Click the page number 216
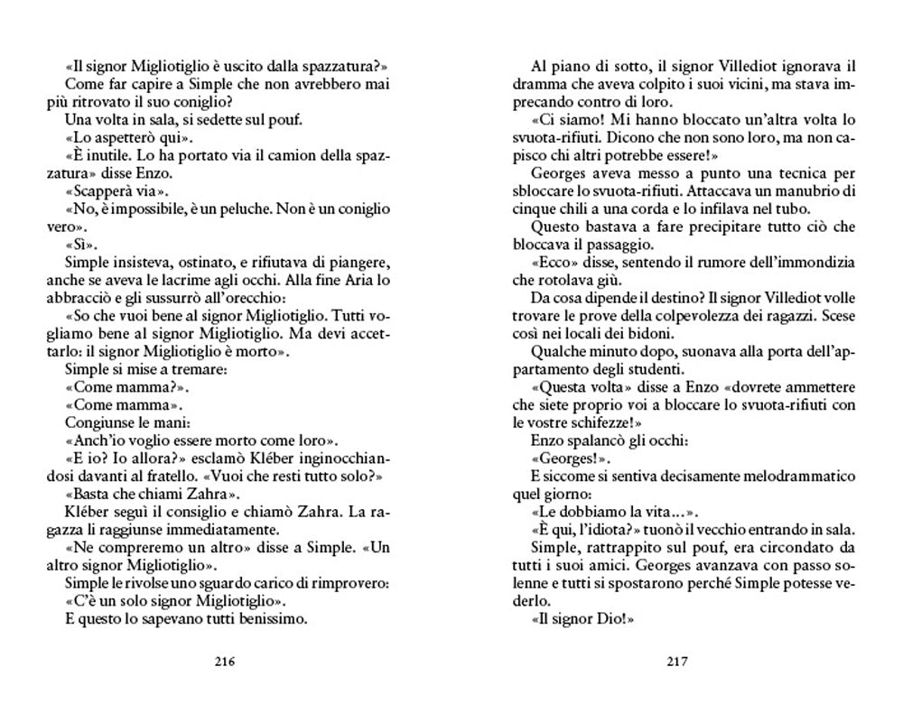(226, 661)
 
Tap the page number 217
(677, 661)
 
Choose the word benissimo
(269, 619)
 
